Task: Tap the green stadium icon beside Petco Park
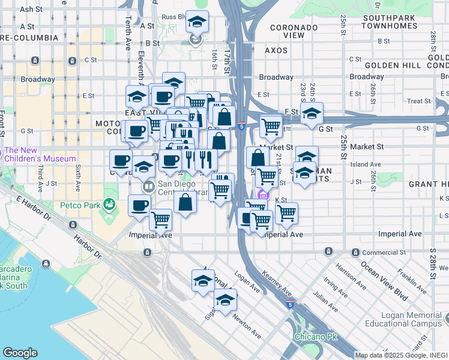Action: (x=108, y=205)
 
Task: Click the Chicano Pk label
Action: (x=315, y=337)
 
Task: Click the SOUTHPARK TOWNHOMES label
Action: (x=390, y=22)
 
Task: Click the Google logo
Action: (x=20, y=353)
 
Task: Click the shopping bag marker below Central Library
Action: (x=185, y=202)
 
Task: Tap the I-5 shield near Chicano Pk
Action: (x=291, y=305)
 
